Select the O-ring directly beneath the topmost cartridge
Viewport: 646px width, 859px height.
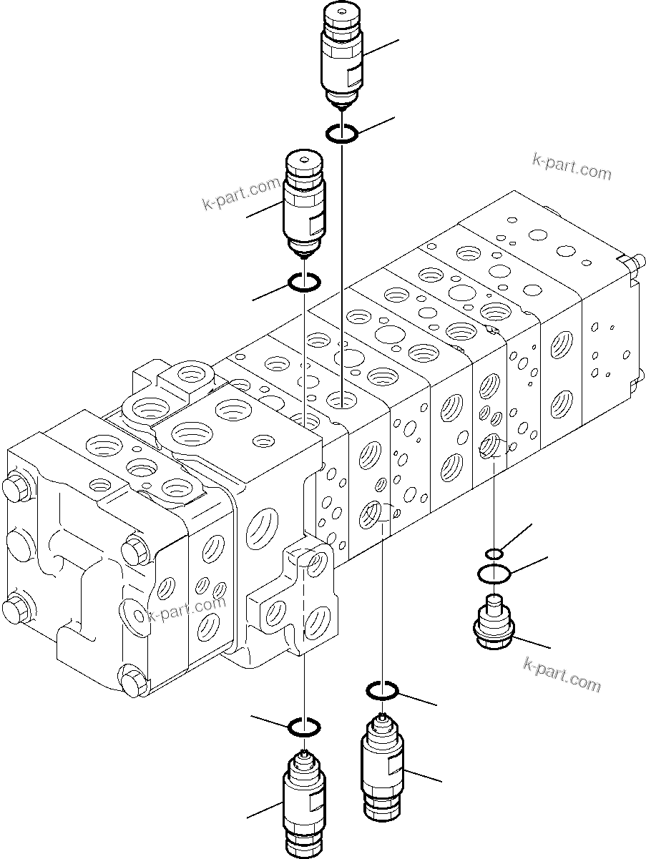coord(341,133)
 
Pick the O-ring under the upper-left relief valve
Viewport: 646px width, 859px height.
coord(303,283)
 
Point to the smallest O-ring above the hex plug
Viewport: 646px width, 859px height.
coord(494,553)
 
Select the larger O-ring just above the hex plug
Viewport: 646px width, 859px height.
coord(494,573)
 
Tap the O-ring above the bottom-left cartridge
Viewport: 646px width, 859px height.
coord(303,727)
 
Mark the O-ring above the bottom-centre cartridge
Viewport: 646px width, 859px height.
coord(382,690)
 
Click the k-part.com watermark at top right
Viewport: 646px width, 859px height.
coord(572,167)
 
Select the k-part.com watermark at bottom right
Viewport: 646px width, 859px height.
coord(562,674)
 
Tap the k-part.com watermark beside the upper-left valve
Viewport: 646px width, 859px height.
coord(241,195)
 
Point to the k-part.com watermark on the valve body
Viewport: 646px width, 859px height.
coord(186,609)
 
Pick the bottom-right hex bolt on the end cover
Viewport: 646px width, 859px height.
coord(132,681)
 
